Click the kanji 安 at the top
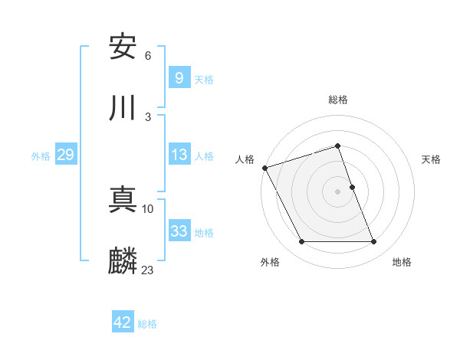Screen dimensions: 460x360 [x=123, y=47]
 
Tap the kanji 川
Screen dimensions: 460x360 [x=123, y=108]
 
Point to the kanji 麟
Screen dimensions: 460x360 [x=123, y=260]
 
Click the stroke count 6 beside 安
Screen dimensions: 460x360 [x=148, y=56]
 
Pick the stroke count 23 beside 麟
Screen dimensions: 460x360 [x=148, y=270]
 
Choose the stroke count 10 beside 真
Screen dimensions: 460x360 [x=148, y=208]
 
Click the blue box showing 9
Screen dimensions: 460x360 [x=179, y=77]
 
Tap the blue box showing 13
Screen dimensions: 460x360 [x=179, y=155]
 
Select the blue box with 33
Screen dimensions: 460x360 [x=179, y=231]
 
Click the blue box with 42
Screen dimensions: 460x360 [x=123, y=322]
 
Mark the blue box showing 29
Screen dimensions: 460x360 [x=65, y=155]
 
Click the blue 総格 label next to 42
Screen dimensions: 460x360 [x=147, y=324]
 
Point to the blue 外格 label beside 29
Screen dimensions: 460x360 [x=41, y=155]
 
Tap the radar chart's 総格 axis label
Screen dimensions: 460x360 [x=338, y=100]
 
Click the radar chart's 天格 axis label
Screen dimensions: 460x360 [x=432, y=159]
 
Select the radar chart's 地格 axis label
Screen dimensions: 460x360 [x=402, y=263]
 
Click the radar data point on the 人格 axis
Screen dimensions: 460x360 [x=265, y=168]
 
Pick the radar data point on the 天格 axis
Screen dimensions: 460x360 [x=352, y=187]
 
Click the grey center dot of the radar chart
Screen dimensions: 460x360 [x=338, y=191]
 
